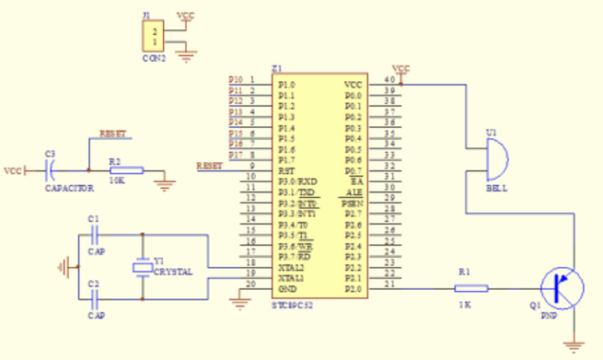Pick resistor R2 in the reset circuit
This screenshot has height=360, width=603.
tap(125, 170)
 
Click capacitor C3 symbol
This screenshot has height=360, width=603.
tap(51, 169)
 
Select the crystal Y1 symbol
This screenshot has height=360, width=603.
tap(141, 267)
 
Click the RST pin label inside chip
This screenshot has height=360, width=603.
tap(285, 170)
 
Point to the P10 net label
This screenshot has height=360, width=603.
tap(236, 80)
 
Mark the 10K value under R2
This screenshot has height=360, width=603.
tap(117, 181)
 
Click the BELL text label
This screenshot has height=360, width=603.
tap(496, 188)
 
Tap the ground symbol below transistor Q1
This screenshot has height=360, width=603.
tap(577, 346)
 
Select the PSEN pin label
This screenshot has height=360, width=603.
tap(353, 203)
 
